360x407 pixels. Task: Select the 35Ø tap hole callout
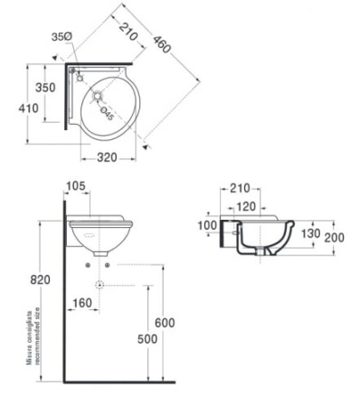point(61,37)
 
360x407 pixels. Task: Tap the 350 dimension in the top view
point(44,89)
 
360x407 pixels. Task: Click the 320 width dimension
point(109,157)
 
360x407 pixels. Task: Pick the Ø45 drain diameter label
point(106,112)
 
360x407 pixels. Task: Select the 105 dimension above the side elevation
point(77,187)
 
